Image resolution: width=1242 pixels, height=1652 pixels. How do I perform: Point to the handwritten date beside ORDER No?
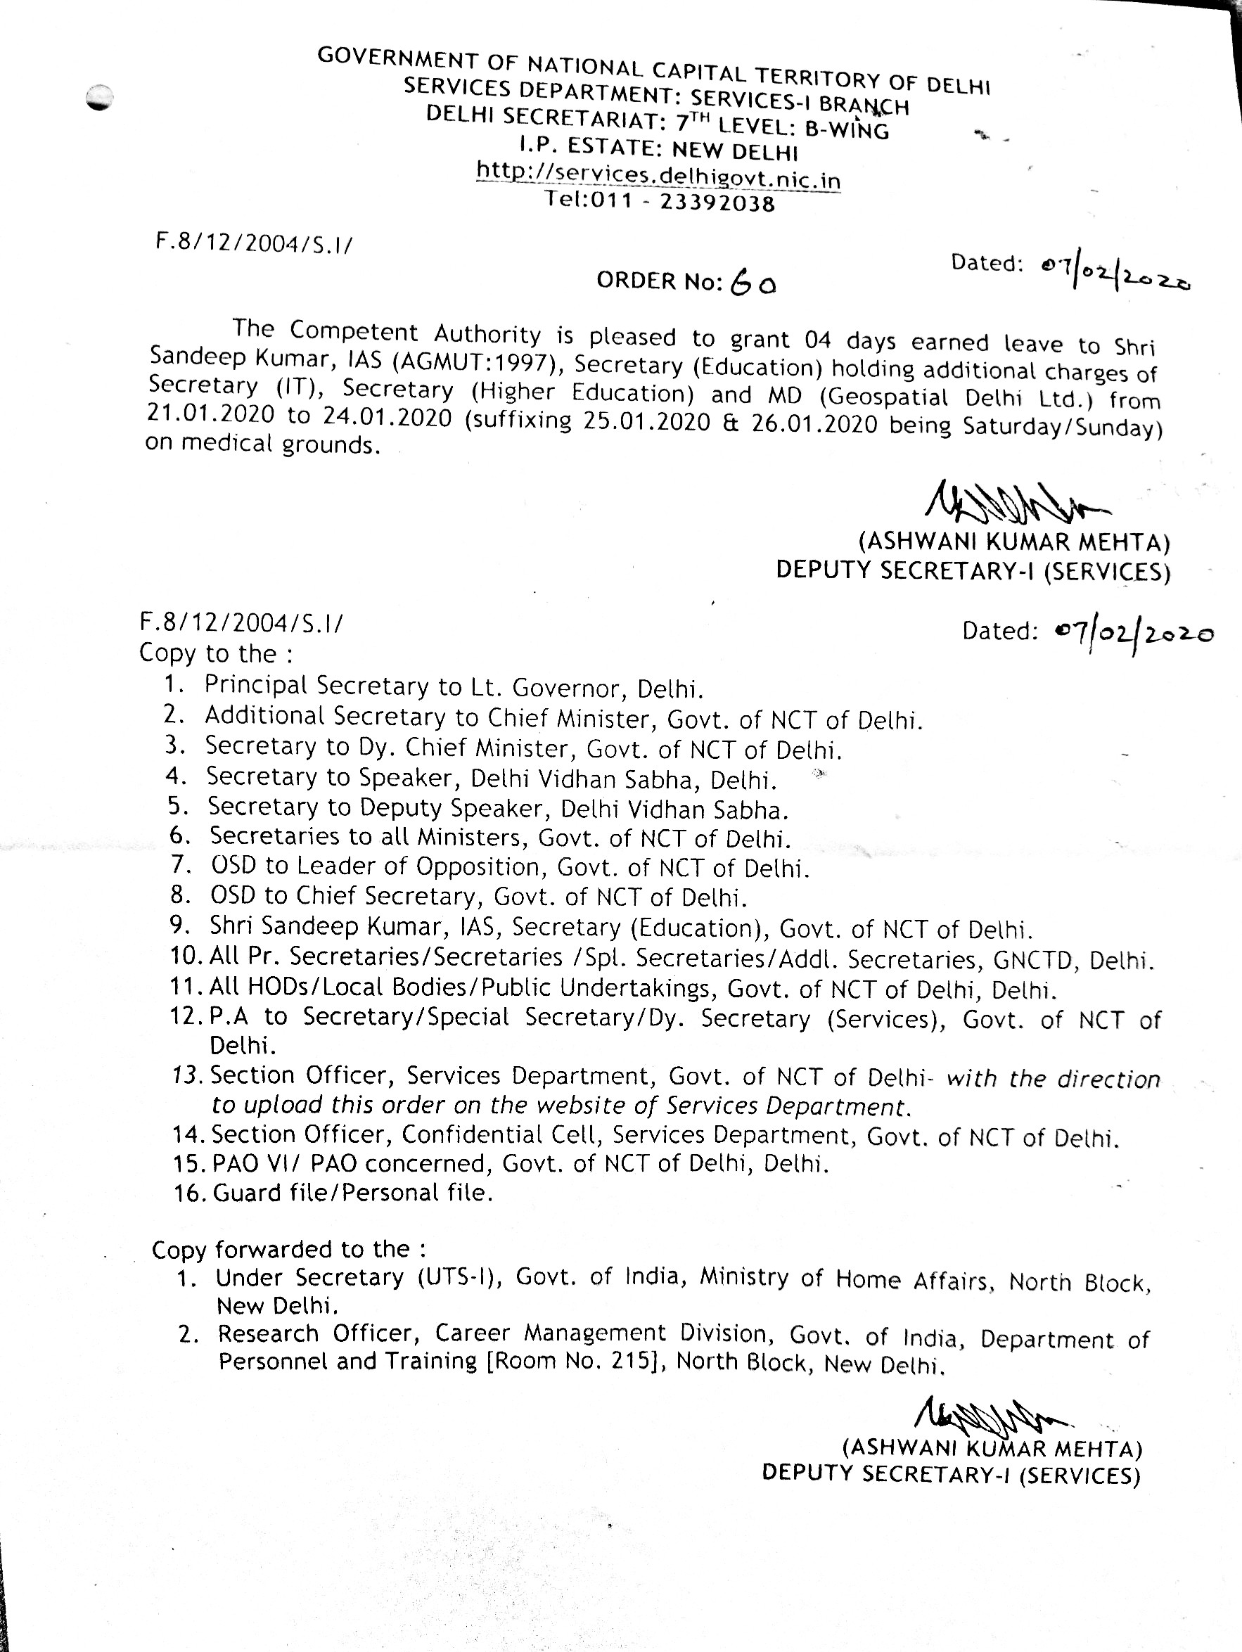coord(1114,274)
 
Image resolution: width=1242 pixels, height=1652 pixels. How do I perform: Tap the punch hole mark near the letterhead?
coord(98,98)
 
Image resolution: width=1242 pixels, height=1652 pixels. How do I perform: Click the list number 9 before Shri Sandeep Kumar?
coord(178,926)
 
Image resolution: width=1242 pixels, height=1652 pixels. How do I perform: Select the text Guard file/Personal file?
coord(352,1193)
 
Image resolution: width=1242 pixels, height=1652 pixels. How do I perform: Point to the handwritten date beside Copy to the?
coord(1134,634)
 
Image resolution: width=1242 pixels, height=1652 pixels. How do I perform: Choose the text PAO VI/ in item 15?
coord(256,1163)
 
